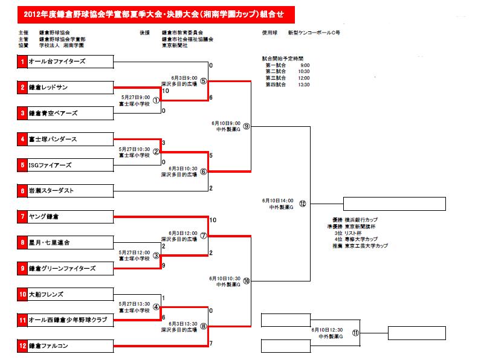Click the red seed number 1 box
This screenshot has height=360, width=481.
click(x=22, y=62)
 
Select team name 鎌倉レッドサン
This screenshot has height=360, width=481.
click(x=48, y=88)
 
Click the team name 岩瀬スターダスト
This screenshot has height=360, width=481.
click(x=51, y=191)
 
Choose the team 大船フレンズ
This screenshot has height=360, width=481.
click(x=46, y=295)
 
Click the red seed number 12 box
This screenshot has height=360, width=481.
click(x=22, y=346)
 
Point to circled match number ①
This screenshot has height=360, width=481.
click(x=155, y=101)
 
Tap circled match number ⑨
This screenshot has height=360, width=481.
click(x=246, y=127)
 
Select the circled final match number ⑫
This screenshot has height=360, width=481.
click(x=302, y=204)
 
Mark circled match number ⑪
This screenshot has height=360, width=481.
click(x=355, y=332)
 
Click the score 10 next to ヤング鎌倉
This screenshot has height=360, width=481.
click(x=213, y=220)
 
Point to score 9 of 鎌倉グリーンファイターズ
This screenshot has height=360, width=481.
click(x=164, y=265)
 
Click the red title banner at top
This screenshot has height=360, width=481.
click(x=150, y=13)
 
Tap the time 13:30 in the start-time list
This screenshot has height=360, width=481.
click(x=303, y=85)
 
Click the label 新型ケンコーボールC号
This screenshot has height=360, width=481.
click(x=314, y=32)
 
